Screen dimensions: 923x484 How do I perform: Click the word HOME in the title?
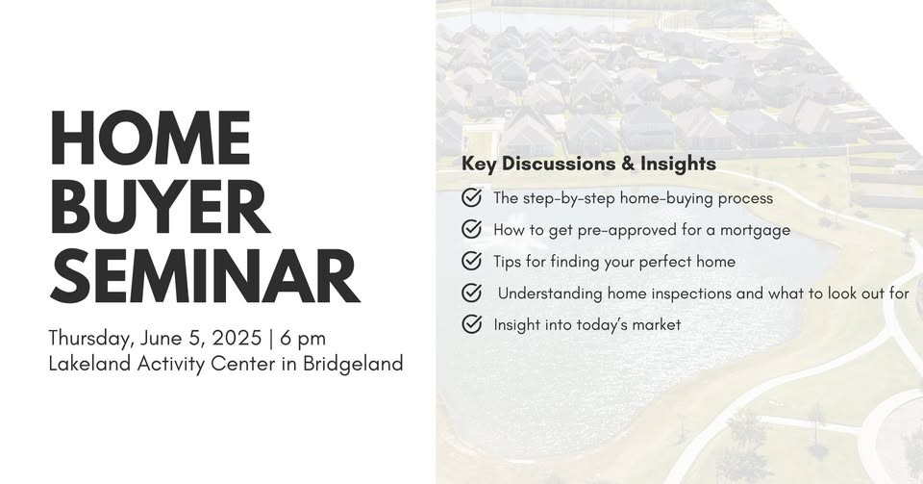coord(151,138)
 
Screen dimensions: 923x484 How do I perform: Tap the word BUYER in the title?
coord(161,207)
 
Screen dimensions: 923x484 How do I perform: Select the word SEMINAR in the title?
coord(205,275)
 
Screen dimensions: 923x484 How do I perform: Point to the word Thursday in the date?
coord(91,339)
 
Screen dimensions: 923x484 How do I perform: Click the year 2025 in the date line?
coord(237,338)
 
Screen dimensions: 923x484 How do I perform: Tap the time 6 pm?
coord(303,339)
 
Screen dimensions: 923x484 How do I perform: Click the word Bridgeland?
coord(353,364)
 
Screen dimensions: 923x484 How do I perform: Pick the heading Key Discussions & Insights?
coord(588,164)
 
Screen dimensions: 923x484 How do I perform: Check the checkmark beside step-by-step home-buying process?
coord(471,197)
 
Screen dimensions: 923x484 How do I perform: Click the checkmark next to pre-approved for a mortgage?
coord(471,229)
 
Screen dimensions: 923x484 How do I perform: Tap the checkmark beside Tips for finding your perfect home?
coord(471,261)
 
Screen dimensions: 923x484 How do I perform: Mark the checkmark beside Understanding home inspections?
coord(471,293)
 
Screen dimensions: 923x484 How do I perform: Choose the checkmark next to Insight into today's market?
coord(471,324)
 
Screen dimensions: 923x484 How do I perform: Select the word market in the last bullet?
coord(657,325)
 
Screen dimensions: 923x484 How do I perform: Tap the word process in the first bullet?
coord(745,199)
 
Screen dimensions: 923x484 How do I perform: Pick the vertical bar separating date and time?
coord(271,339)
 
